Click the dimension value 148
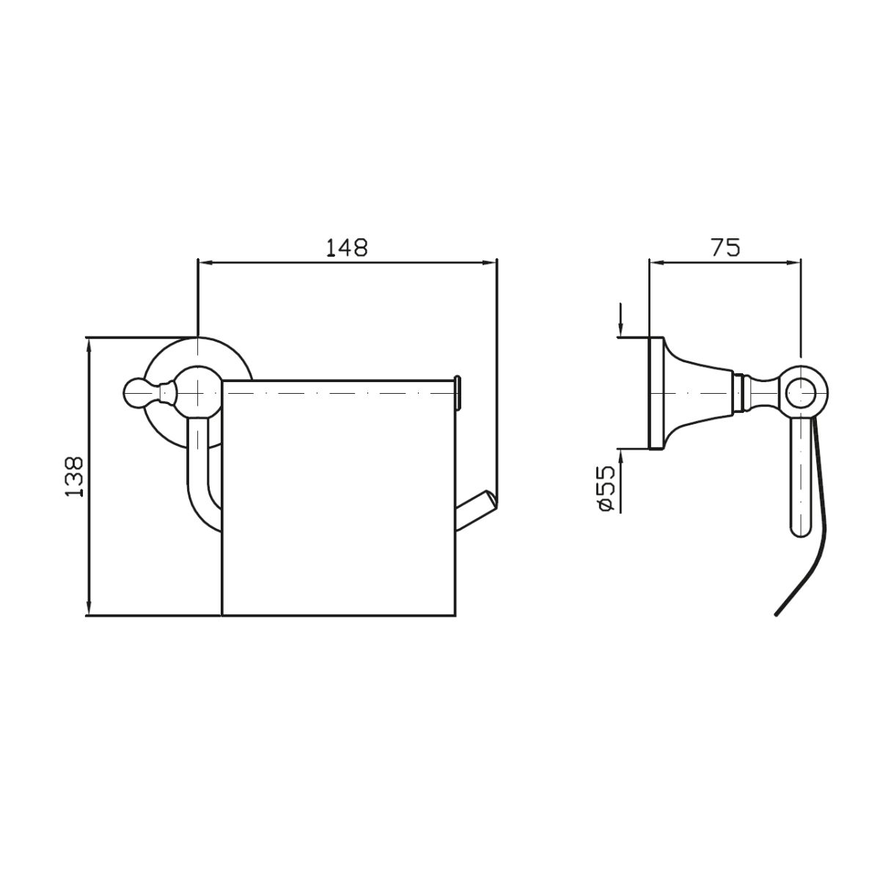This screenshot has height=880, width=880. coord(347,248)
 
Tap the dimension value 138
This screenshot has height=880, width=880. coord(75,477)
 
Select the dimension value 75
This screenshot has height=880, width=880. coord(725,248)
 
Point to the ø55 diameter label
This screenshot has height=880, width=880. coord(608,488)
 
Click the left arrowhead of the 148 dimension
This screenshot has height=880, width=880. coord(204,263)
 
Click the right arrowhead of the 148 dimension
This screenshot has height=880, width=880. coord(490,263)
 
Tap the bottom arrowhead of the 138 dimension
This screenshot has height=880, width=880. coord(90,609)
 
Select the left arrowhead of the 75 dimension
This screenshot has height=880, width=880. coord(656,263)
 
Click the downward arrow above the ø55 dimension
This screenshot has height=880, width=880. coord(620,320)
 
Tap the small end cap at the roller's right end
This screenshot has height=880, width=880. coord(458,392)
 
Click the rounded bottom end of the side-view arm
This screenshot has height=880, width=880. coord(801,529)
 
